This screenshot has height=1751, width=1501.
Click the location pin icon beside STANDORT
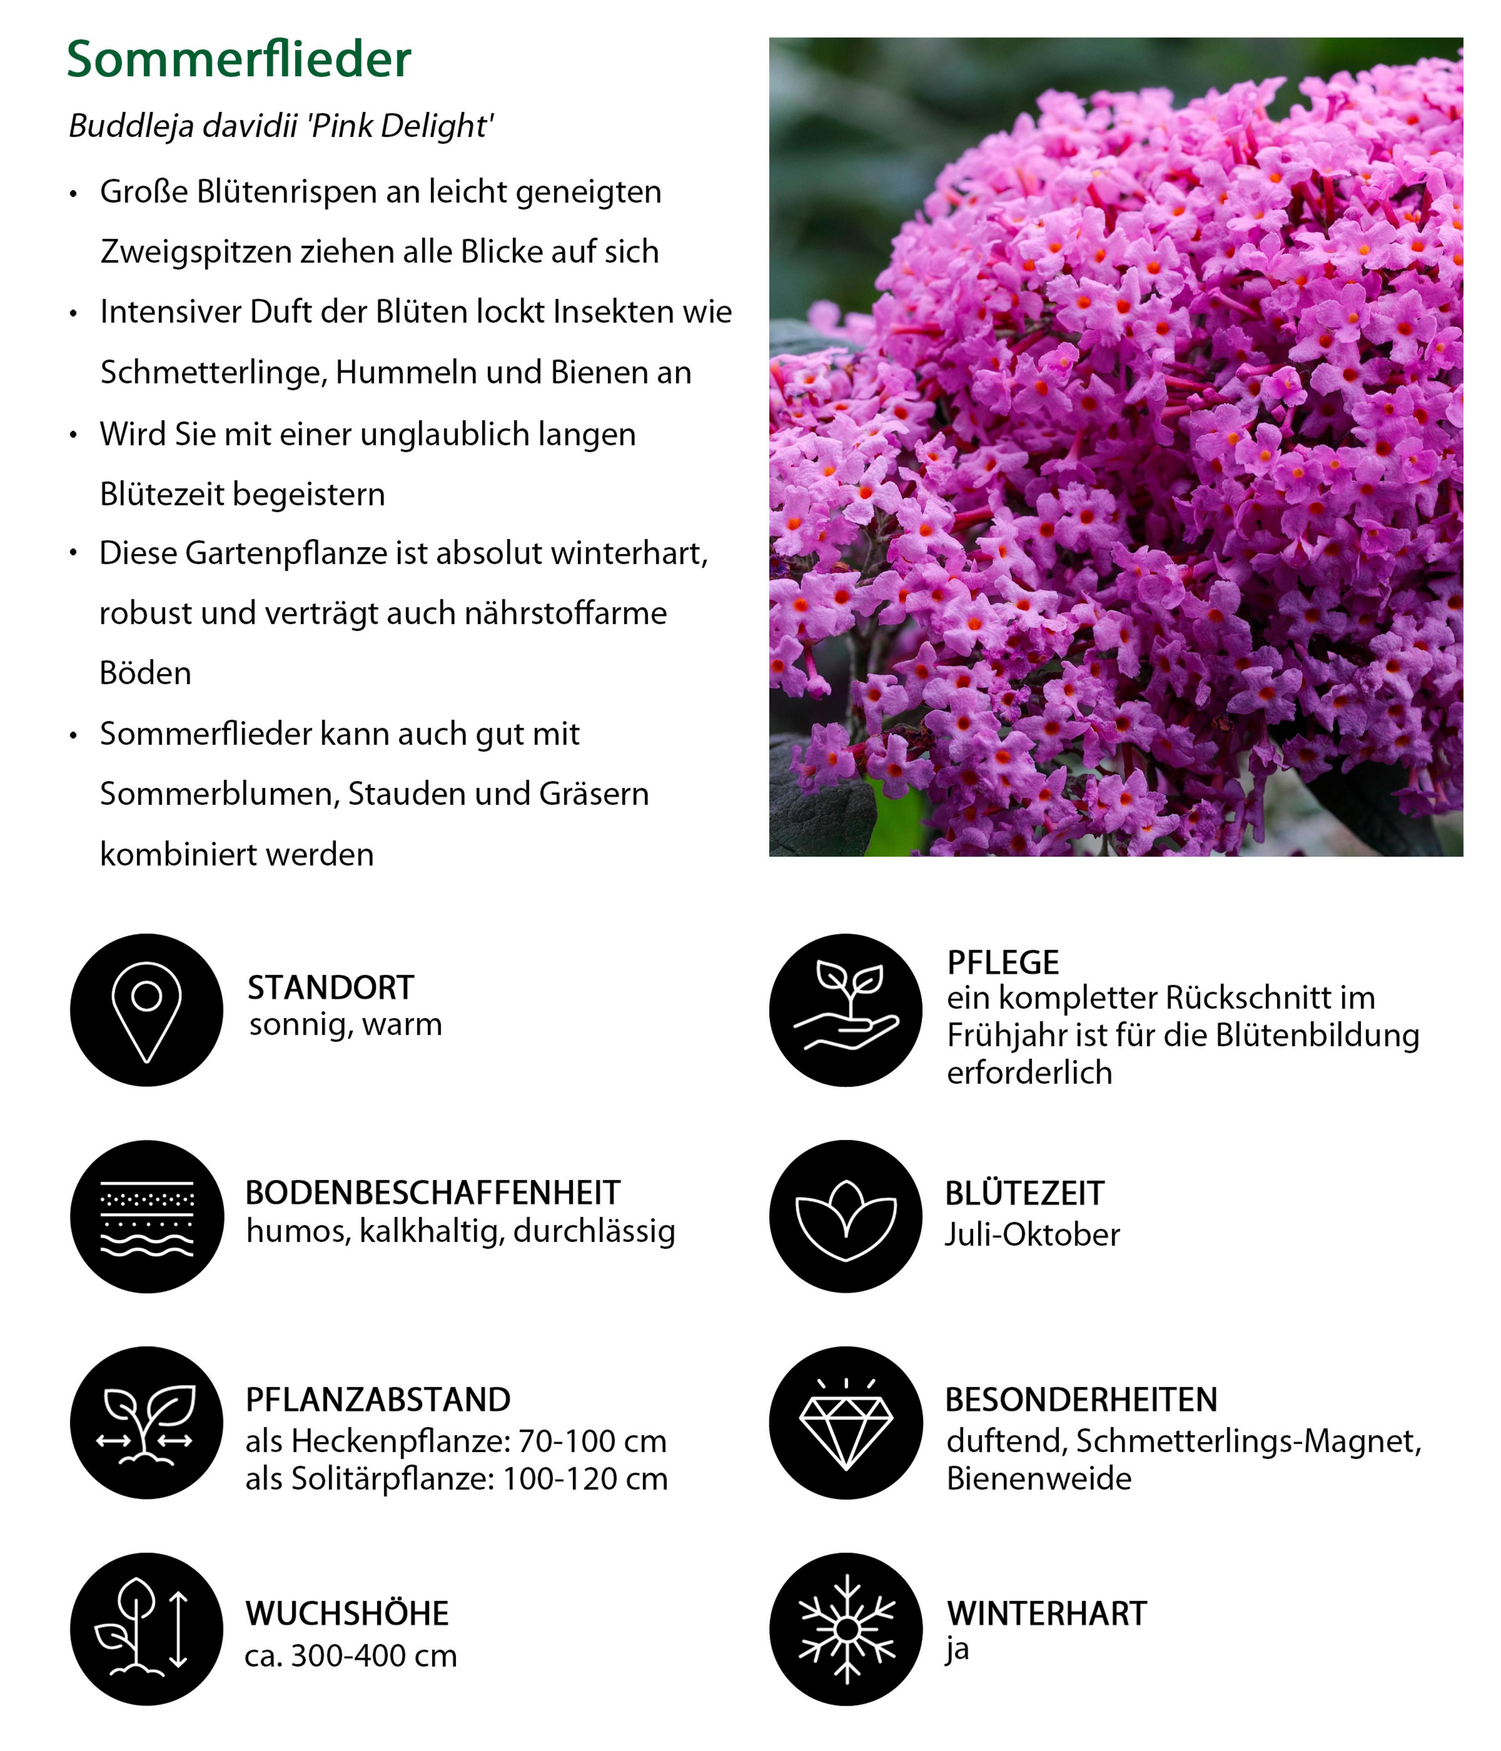tap(146, 1010)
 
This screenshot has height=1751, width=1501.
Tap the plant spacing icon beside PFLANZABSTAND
tap(146, 1423)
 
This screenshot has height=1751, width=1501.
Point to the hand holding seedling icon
tap(845, 1010)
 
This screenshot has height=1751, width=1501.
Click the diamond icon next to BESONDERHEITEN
tap(845, 1423)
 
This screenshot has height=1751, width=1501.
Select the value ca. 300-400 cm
tap(351, 1656)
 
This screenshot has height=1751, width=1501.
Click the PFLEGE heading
tap(1002, 963)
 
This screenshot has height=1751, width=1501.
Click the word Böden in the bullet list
tap(145, 673)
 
